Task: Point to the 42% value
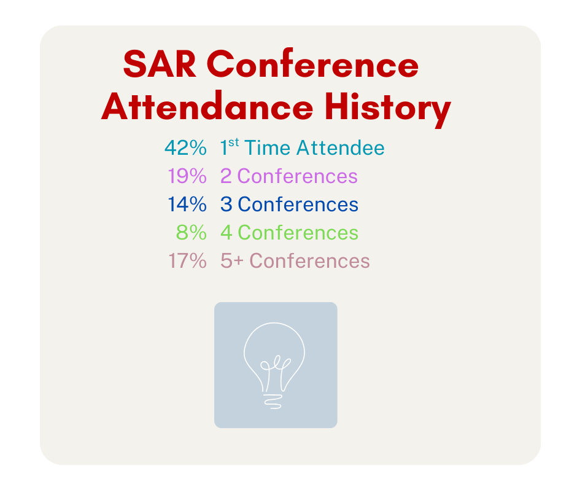(x=185, y=148)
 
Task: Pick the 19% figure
(x=187, y=176)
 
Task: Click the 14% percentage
(x=187, y=205)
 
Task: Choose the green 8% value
(x=192, y=233)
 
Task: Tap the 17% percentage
(x=187, y=261)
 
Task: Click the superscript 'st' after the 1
(x=234, y=144)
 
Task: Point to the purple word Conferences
(x=297, y=176)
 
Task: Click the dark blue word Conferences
(x=298, y=205)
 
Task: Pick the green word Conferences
(x=298, y=233)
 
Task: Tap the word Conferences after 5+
(x=309, y=261)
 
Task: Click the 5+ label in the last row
(x=231, y=261)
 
